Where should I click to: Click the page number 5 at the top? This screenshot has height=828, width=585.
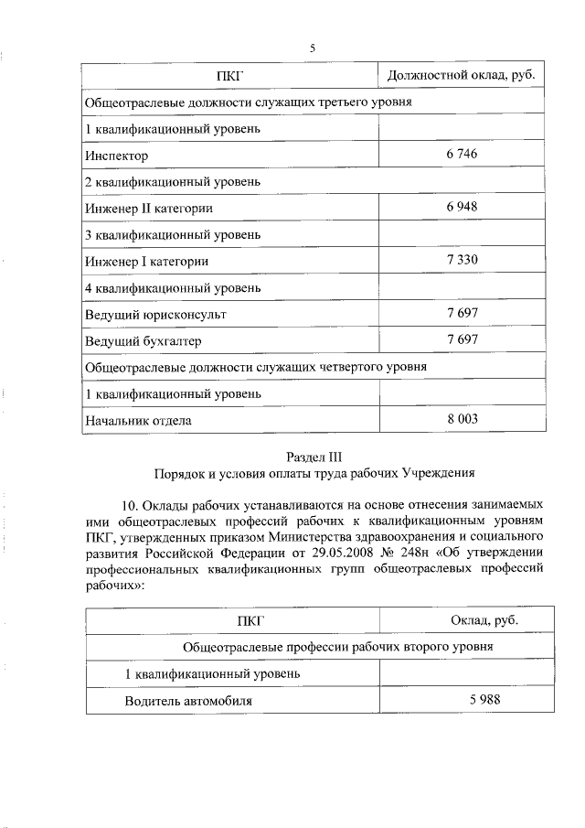click(x=312, y=48)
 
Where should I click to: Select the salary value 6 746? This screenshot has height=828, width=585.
click(x=463, y=155)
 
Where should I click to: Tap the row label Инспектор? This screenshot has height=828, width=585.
click(x=116, y=156)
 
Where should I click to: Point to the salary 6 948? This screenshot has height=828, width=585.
click(x=463, y=208)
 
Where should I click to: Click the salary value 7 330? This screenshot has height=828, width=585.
click(x=463, y=261)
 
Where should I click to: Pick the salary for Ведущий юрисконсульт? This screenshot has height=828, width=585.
click(x=463, y=314)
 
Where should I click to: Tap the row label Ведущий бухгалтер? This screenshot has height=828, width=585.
click(x=143, y=341)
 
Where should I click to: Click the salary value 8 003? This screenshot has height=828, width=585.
click(x=463, y=420)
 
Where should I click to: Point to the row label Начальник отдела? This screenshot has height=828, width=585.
click(x=139, y=421)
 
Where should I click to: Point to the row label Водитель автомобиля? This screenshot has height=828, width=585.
click(x=188, y=701)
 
